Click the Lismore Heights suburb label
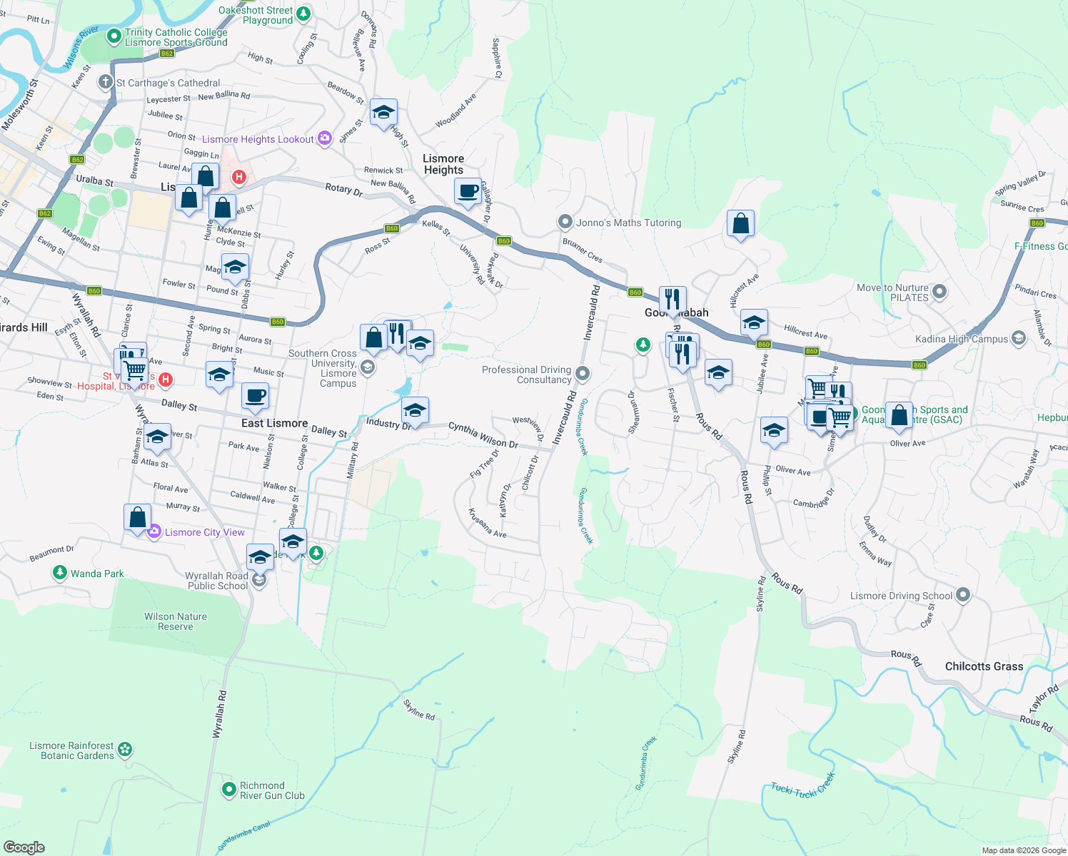pos(443,164)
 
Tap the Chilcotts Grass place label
pos(984,666)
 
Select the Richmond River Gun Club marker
pos(229,789)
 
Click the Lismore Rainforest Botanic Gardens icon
pos(125,749)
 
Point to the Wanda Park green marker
pos(60,573)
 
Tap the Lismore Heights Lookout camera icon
pos(325,138)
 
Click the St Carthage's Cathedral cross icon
pos(106,82)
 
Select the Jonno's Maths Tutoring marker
pos(565,222)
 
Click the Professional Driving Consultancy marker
pos(583,373)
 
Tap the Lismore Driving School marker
pos(963,594)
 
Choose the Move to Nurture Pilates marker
pos(939,291)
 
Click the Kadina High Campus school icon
pos(1019,338)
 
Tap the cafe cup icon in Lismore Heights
pos(468,191)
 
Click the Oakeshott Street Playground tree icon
pos(303,14)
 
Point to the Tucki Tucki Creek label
pos(802,787)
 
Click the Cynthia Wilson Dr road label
pos(483,435)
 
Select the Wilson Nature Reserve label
pos(176,621)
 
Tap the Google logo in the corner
pos(24,847)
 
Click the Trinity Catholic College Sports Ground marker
pos(114,36)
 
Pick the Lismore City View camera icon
pos(154,531)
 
